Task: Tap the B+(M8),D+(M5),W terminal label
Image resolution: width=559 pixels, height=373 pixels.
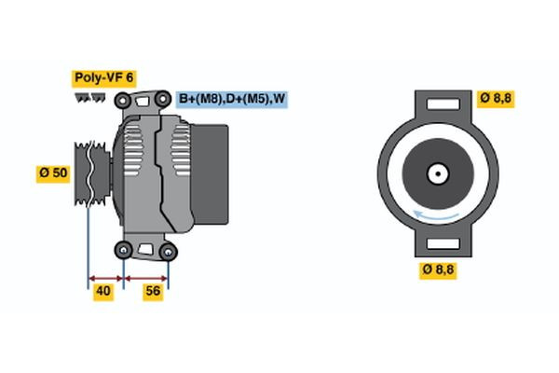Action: pos(231,97)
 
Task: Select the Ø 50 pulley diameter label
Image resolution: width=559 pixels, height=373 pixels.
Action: pos(54,174)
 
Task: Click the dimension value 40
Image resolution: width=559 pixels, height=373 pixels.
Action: pos(104,292)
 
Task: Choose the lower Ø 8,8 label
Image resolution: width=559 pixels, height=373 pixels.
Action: pos(440,270)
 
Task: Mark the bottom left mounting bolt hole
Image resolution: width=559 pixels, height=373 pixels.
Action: pos(124,249)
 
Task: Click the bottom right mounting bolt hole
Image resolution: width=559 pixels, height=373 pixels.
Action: pos(168,250)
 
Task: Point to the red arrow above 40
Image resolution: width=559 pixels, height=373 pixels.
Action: pos(106,277)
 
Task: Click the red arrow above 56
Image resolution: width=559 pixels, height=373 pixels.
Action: pos(146,277)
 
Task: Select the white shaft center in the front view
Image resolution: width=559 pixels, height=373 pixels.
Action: pos(436,173)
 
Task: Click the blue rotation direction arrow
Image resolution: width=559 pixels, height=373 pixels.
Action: pos(435,216)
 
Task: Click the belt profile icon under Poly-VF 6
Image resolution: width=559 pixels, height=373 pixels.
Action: pos(90,96)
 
